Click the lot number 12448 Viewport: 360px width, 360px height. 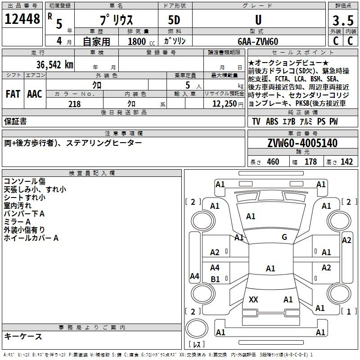[x=22, y=19]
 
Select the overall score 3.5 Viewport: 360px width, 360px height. [x=343, y=20]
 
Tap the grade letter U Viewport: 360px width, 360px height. [x=258, y=20]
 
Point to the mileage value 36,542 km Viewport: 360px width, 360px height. [x=54, y=65]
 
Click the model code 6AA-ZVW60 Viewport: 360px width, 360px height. [x=258, y=41]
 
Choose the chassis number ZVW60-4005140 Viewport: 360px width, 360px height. [x=302, y=143]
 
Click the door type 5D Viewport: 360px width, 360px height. [x=174, y=20]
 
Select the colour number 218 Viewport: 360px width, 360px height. [x=74, y=104]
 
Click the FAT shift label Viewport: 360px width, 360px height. [x=13, y=94]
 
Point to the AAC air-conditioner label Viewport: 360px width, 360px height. [x=35, y=94]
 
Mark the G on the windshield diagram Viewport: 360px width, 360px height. [x=284, y=237]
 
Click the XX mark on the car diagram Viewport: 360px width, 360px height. [x=253, y=299]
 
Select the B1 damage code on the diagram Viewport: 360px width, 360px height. [x=215, y=279]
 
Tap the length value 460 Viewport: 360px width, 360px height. [x=273, y=162]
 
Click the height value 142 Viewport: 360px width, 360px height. [x=346, y=162]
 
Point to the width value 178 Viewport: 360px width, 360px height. [x=310, y=162]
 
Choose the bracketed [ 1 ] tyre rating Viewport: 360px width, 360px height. [x=349, y=311]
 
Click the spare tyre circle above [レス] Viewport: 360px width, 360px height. [x=197, y=328]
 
